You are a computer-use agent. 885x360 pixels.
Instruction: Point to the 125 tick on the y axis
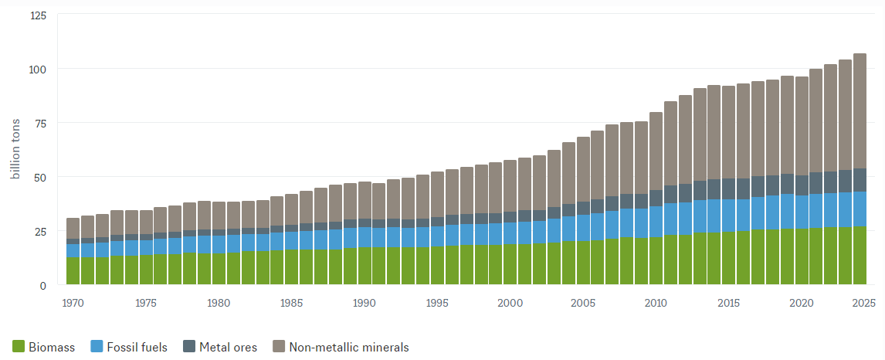(x=38, y=15)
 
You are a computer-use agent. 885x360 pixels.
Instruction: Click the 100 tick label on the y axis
(x=38, y=69)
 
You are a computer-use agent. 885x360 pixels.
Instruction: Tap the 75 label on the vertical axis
(x=40, y=123)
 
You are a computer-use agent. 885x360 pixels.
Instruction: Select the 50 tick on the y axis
(x=40, y=177)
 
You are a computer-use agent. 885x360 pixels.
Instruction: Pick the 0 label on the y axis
(x=44, y=285)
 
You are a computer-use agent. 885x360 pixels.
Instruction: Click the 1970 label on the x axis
(x=73, y=303)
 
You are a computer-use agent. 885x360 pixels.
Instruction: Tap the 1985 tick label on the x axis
(x=291, y=303)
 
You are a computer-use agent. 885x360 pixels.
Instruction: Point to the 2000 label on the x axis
(x=510, y=303)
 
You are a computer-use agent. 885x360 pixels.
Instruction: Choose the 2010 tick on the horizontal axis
(x=656, y=303)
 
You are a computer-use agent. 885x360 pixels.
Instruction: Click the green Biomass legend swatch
(x=19, y=347)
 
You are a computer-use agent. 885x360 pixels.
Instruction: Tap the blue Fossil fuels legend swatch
(x=97, y=347)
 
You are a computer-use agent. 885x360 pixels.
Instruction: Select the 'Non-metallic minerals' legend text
(x=348, y=347)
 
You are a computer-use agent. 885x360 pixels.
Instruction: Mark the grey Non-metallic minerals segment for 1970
(x=73, y=229)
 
